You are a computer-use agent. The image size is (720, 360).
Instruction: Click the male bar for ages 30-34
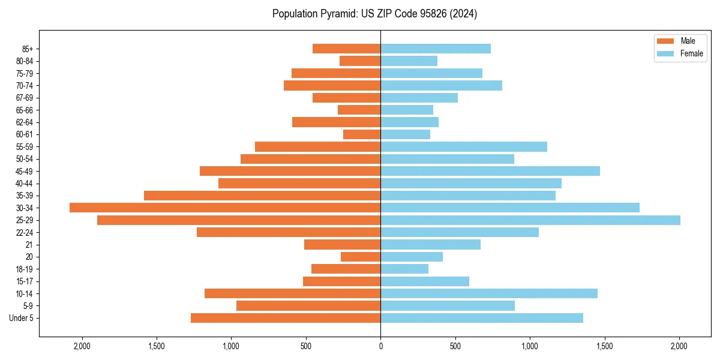click(225, 208)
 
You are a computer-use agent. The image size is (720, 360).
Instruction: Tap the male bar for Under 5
click(286, 318)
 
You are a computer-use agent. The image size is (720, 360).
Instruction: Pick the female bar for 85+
click(436, 49)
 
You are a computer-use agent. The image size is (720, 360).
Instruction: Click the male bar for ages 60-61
click(362, 134)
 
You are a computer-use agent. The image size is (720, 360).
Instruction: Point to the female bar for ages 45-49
click(490, 171)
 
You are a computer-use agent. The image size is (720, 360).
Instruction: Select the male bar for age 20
click(361, 257)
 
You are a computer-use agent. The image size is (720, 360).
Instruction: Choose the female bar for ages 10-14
click(489, 293)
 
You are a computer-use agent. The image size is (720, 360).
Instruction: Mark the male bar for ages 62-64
click(336, 122)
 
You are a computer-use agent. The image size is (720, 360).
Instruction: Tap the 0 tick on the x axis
click(380, 346)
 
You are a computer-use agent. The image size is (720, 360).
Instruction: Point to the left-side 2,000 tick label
click(82, 346)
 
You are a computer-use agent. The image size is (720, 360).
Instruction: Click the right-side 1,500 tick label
click(604, 346)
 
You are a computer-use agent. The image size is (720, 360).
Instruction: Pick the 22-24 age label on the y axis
click(25, 232)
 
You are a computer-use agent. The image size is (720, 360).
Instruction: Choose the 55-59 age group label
click(25, 146)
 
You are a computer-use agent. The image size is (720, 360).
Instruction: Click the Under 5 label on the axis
click(22, 318)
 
